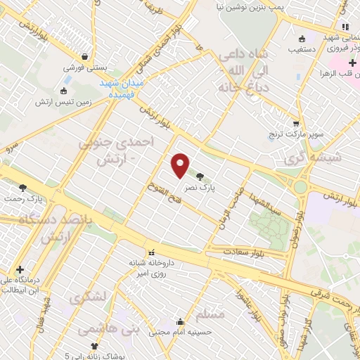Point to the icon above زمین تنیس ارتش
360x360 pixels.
64,90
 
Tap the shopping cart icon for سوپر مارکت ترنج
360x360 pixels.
296,123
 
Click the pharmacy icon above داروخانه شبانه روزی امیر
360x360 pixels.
150,252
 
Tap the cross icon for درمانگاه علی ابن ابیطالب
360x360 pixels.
20,269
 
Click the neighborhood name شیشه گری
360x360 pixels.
315,157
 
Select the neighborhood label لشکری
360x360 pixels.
87,297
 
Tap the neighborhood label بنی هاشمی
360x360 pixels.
98,329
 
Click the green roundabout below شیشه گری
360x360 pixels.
301,188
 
